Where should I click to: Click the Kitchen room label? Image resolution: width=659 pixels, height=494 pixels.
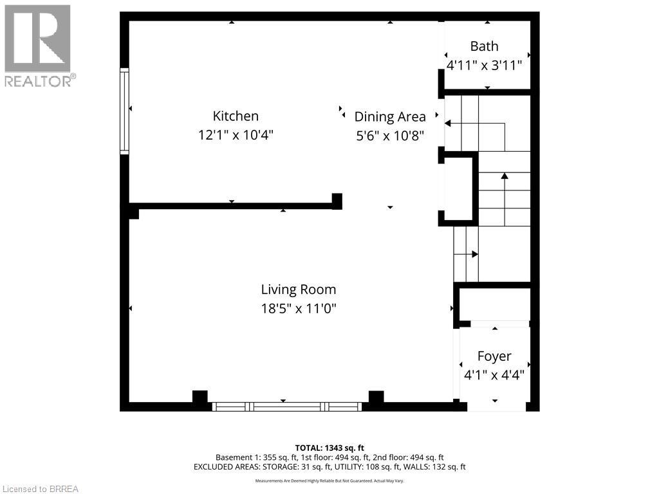click(x=236, y=116)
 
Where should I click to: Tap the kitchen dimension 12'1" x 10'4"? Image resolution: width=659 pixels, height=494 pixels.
click(x=236, y=135)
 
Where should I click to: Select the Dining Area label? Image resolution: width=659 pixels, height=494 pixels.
click(x=390, y=117)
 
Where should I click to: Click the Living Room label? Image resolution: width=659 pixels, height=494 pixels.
click(x=298, y=289)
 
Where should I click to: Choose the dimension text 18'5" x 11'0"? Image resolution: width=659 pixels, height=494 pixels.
click(x=298, y=309)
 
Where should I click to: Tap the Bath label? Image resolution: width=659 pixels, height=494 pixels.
click(x=484, y=46)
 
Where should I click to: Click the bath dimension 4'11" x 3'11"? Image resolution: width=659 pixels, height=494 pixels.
click(x=484, y=65)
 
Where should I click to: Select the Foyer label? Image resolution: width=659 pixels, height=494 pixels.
click(x=494, y=356)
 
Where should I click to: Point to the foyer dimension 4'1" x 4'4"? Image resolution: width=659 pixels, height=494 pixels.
click(x=494, y=375)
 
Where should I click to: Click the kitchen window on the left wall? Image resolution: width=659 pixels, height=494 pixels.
click(x=125, y=111)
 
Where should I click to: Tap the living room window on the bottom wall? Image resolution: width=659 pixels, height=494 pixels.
click(x=287, y=407)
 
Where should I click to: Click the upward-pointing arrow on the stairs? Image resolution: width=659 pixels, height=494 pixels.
click(x=505, y=175)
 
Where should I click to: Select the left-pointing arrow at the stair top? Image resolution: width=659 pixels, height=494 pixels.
click(x=448, y=123)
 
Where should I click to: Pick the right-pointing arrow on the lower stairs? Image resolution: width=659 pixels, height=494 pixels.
click(x=474, y=254)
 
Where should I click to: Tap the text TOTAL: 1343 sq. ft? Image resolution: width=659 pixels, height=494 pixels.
click(x=329, y=448)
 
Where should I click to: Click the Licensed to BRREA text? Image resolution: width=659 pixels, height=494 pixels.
click(x=40, y=489)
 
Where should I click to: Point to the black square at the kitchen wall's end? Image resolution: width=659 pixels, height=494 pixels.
click(x=337, y=201)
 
